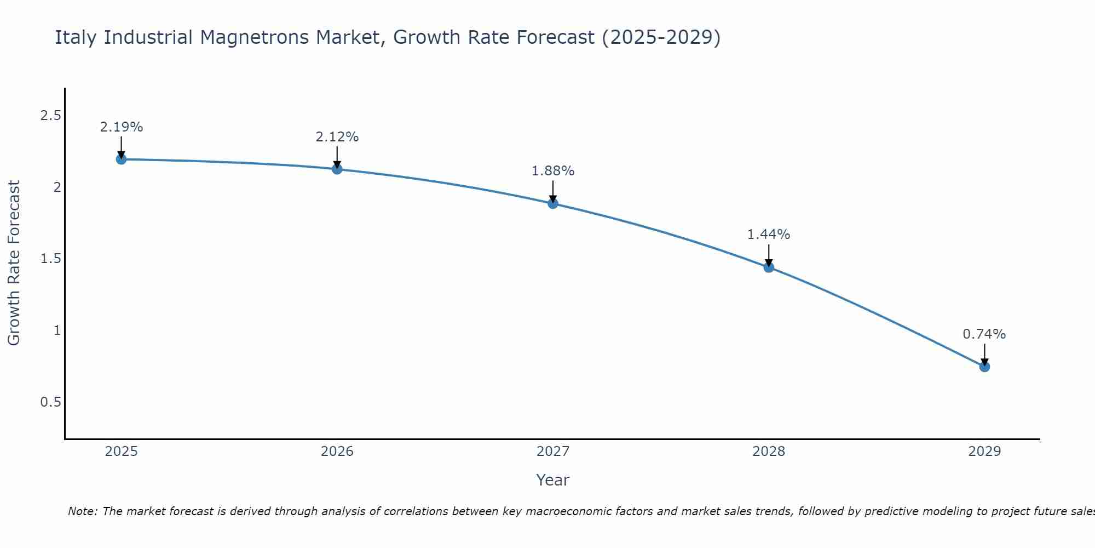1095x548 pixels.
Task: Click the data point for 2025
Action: [x=121, y=159]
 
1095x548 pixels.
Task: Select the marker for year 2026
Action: [x=337, y=169]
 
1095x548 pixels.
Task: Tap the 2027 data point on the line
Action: [x=553, y=204]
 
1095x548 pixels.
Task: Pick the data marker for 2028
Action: [x=769, y=267]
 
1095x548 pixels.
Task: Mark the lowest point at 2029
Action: [x=984, y=367]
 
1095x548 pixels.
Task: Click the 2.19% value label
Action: [x=121, y=127]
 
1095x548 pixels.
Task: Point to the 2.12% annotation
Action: [x=337, y=137]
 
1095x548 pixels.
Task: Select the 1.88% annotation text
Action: [x=553, y=171]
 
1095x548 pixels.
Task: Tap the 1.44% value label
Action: [x=769, y=235]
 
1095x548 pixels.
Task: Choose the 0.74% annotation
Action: [x=984, y=334]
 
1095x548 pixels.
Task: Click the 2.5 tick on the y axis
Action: [x=50, y=116]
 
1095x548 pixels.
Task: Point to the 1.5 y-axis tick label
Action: [x=50, y=259]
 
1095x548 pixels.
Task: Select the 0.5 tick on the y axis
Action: [x=50, y=402]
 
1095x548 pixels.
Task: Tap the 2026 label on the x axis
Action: [x=337, y=452]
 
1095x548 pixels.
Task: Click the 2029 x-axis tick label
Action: [x=984, y=452]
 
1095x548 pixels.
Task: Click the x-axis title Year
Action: [x=553, y=480]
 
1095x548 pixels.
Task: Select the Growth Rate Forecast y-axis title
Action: [x=14, y=263]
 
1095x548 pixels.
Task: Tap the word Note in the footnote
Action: [x=82, y=511]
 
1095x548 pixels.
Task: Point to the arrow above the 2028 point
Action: [x=769, y=255]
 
